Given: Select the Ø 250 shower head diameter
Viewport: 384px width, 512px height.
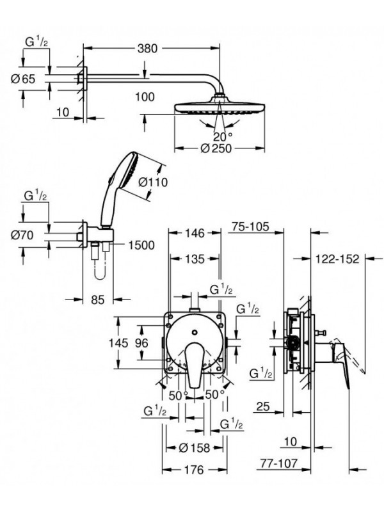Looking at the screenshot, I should coord(215,148).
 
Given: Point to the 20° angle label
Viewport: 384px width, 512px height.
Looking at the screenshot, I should coord(221,136).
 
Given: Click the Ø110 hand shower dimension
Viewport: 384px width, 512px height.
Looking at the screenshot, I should coord(152,182).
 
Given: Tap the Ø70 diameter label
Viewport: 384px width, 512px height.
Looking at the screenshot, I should coord(33,234).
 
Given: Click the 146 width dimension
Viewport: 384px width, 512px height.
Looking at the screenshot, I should coord(192,233).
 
